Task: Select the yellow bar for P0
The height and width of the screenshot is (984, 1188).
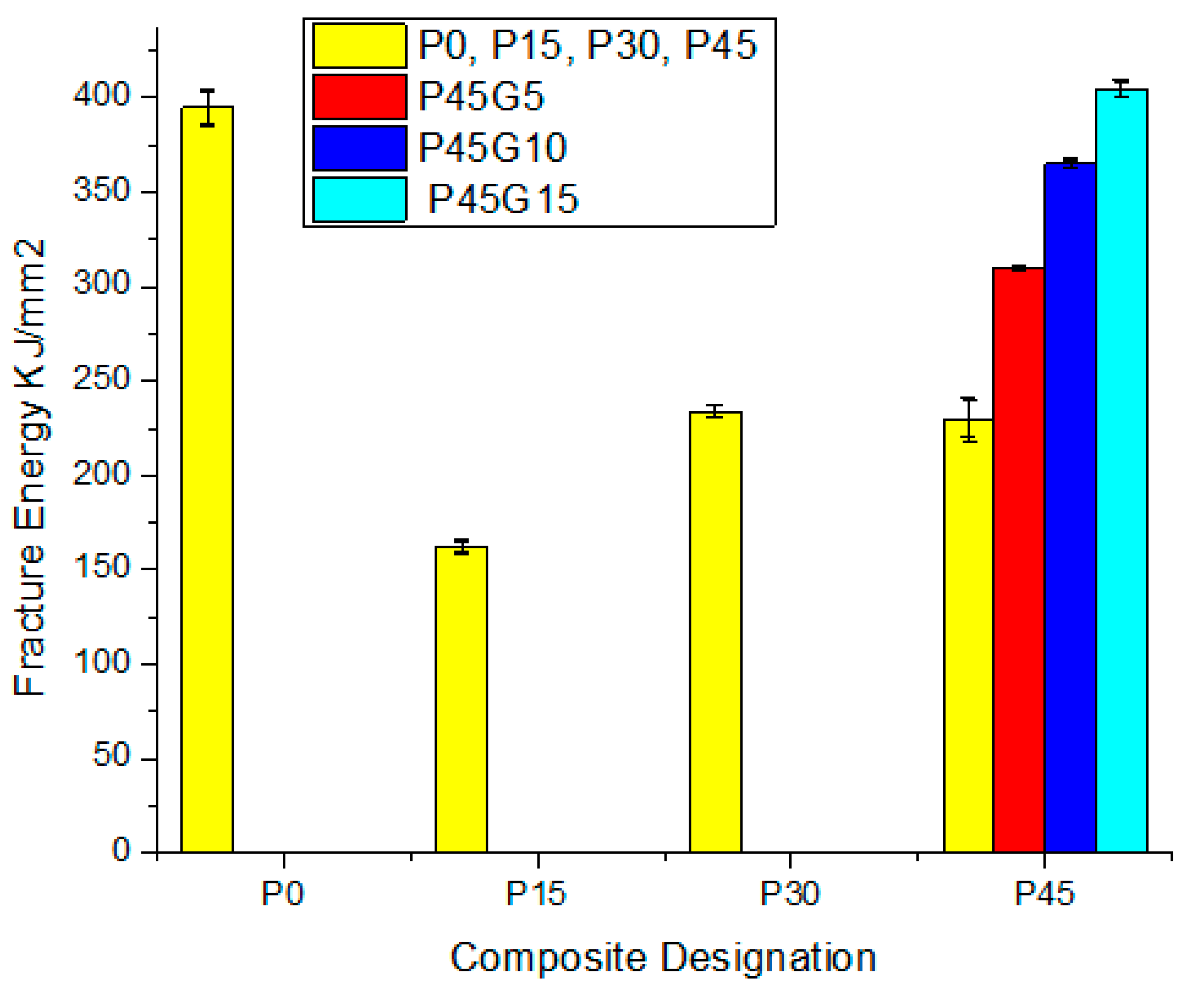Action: pyautogui.click(x=207, y=481)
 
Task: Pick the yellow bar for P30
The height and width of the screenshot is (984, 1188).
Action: pyautogui.click(x=715, y=634)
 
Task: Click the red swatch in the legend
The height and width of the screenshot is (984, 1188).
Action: pyautogui.click(x=360, y=97)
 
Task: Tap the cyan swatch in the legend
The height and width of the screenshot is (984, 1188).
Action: pyautogui.click(x=360, y=199)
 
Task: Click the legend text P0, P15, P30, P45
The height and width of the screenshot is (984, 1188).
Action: pyautogui.click(x=587, y=45)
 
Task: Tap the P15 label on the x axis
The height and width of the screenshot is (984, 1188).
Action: pyautogui.click(x=535, y=894)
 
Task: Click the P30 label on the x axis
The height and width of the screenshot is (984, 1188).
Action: pyautogui.click(x=789, y=894)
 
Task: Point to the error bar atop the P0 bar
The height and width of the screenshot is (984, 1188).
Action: pyautogui.click(x=208, y=107)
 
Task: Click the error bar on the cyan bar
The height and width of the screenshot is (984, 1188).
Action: pyautogui.click(x=1121, y=88)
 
